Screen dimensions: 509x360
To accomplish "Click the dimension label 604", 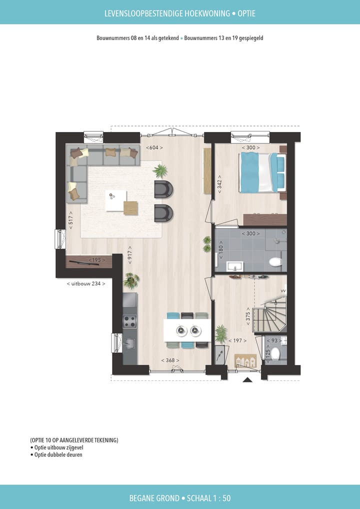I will pyautogui.click(x=152, y=147).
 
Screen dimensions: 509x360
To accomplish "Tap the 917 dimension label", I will pyautogui.click(x=129, y=254).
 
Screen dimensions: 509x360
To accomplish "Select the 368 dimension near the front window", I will pyautogui.click(x=170, y=360).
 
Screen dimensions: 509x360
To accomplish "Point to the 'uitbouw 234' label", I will pyautogui.click(x=86, y=283).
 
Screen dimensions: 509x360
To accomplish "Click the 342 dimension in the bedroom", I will pyautogui.click(x=219, y=183).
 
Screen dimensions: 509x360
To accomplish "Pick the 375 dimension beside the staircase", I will pyautogui.click(x=247, y=316).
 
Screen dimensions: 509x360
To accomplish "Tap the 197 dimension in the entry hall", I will pyautogui.click(x=234, y=340).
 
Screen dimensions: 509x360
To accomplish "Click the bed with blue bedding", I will pyautogui.click(x=262, y=171).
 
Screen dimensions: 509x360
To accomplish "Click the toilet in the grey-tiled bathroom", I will pyautogui.click(x=275, y=261).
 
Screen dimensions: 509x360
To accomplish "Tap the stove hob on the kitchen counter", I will pyautogui.click(x=129, y=321).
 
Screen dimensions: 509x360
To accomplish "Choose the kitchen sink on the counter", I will pyautogui.click(x=129, y=343).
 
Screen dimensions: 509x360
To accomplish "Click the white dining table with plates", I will pyautogui.click(x=186, y=330).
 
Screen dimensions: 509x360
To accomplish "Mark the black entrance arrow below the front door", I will pyautogui.click(x=247, y=380).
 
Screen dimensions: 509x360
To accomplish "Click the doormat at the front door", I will pyautogui.click(x=245, y=359).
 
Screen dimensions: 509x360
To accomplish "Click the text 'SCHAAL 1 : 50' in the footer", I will pyautogui.click(x=207, y=498).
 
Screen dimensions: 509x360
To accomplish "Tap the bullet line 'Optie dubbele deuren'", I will pyautogui.click(x=57, y=454).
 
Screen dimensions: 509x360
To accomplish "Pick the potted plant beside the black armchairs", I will pyautogui.click(x=160, y=171).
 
